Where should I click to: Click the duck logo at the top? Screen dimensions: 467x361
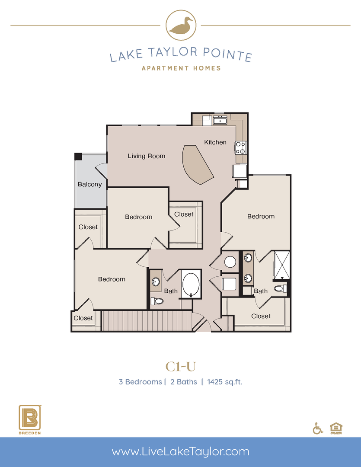(x=181, y=26)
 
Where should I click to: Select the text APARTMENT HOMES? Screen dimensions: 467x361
(x=181, y=68)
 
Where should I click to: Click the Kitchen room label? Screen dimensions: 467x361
(x=215, y=142)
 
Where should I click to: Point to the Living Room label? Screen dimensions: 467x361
(x=146, y=156)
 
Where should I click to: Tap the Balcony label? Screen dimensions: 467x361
(x=89, y=184)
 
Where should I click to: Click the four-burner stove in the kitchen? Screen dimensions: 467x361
(x=240, y=148)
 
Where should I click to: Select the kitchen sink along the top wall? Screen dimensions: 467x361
(x=219, y=120)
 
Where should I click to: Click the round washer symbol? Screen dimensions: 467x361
(x=230, y=262)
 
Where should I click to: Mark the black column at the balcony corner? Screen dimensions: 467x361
(x=78, y=156)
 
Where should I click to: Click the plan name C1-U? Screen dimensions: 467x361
(x=181, y=366)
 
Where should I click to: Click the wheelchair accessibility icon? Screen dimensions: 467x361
(x=318, y=428)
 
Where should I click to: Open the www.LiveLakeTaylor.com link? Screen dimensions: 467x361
(x=181, y=452)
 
